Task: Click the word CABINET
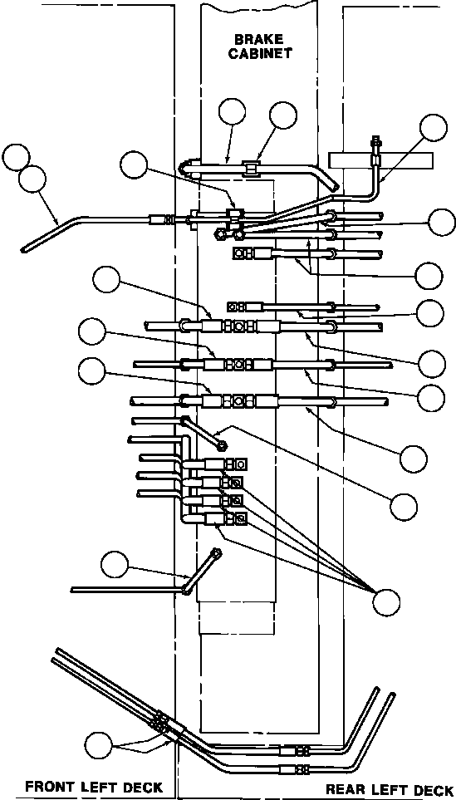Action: point(260,53)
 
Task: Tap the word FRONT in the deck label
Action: point(49,786)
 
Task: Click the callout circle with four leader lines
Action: point(386,602)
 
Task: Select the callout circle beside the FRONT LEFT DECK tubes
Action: point(99,746)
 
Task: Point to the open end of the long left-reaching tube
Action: point(24,249)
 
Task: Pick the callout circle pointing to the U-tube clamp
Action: point(283,115)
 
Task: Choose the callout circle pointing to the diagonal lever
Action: point(115,564)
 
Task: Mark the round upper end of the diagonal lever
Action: point(216,552)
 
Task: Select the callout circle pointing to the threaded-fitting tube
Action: point(434,128)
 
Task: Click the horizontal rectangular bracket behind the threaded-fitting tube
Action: point(380,160)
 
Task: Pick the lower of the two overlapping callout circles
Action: point(32,179)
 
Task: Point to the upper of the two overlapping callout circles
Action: point(16,158)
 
